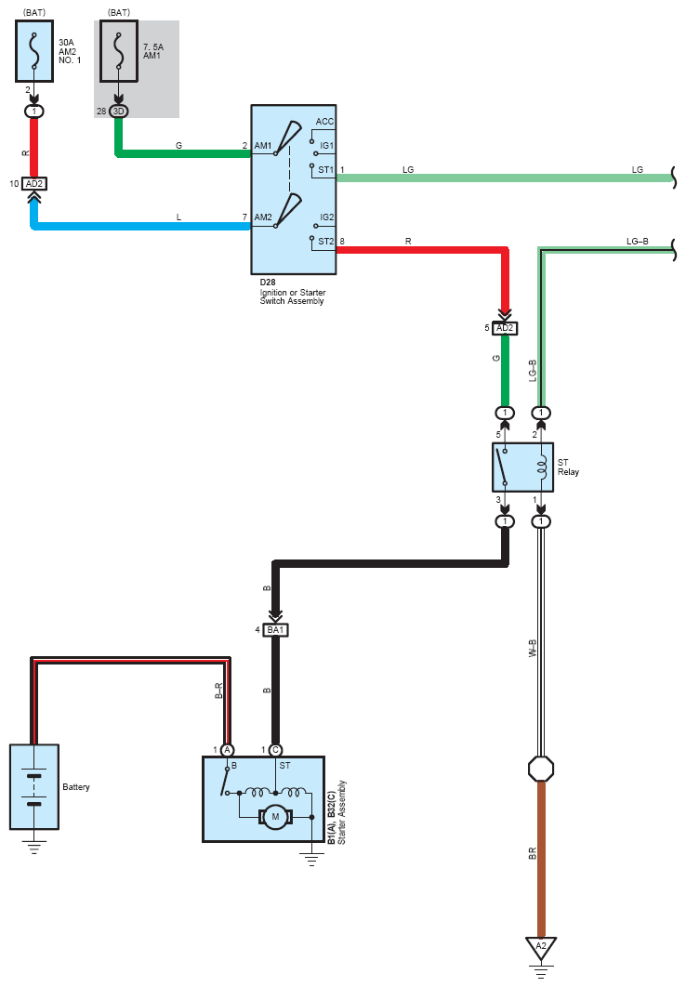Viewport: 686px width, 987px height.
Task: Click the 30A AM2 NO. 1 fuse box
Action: (x=34, y=51)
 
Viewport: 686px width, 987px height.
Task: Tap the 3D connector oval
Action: (x=118, y=112)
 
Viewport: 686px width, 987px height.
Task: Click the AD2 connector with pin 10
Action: (x=34, y=184)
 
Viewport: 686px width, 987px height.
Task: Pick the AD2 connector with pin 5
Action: (x=505, y=328)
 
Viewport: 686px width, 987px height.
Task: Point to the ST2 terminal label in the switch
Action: (x=325, y=242)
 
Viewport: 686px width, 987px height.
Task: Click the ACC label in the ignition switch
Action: (x=324, y=122)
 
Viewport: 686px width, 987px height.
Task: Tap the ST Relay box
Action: (x=521, y=467)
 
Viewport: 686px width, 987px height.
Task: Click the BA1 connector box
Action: (x=276, y=629)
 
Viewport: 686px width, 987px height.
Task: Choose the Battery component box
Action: (x=34, y=786)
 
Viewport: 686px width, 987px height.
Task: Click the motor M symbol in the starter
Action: (x=274, y=817)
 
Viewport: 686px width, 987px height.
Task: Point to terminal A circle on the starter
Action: (x=227, y=750)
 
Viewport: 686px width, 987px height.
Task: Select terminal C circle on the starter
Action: (x=275, y=750)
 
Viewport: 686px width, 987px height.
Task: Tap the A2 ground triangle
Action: (x=541, y=945)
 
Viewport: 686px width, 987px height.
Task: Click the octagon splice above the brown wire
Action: (x=541, y=769)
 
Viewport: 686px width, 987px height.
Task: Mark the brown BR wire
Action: (x=541, y=855)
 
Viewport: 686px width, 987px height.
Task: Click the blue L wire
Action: (x=139, y=226)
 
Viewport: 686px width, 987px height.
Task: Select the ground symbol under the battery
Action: (x=34, y=846)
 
